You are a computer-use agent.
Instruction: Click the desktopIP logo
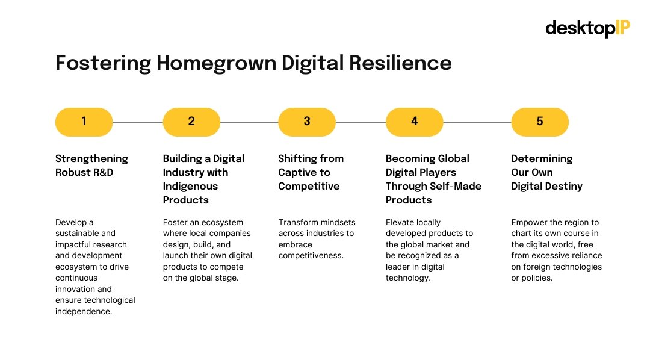click(587, 28)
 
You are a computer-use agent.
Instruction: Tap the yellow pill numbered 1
click(84, 122)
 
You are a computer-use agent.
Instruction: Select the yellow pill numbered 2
click(191, 122)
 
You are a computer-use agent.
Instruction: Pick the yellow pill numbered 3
click(306, 122)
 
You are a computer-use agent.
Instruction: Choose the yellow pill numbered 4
click(414, 122)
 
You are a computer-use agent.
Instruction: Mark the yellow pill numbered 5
click(539, 122)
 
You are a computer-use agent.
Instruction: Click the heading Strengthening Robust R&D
click(91, 166)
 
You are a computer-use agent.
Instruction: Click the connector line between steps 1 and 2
click(137, 122)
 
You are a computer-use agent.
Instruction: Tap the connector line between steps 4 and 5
click(477, 122)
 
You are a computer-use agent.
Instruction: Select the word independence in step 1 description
click(84, 311)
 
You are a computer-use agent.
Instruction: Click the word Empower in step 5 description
click(529, 222)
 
